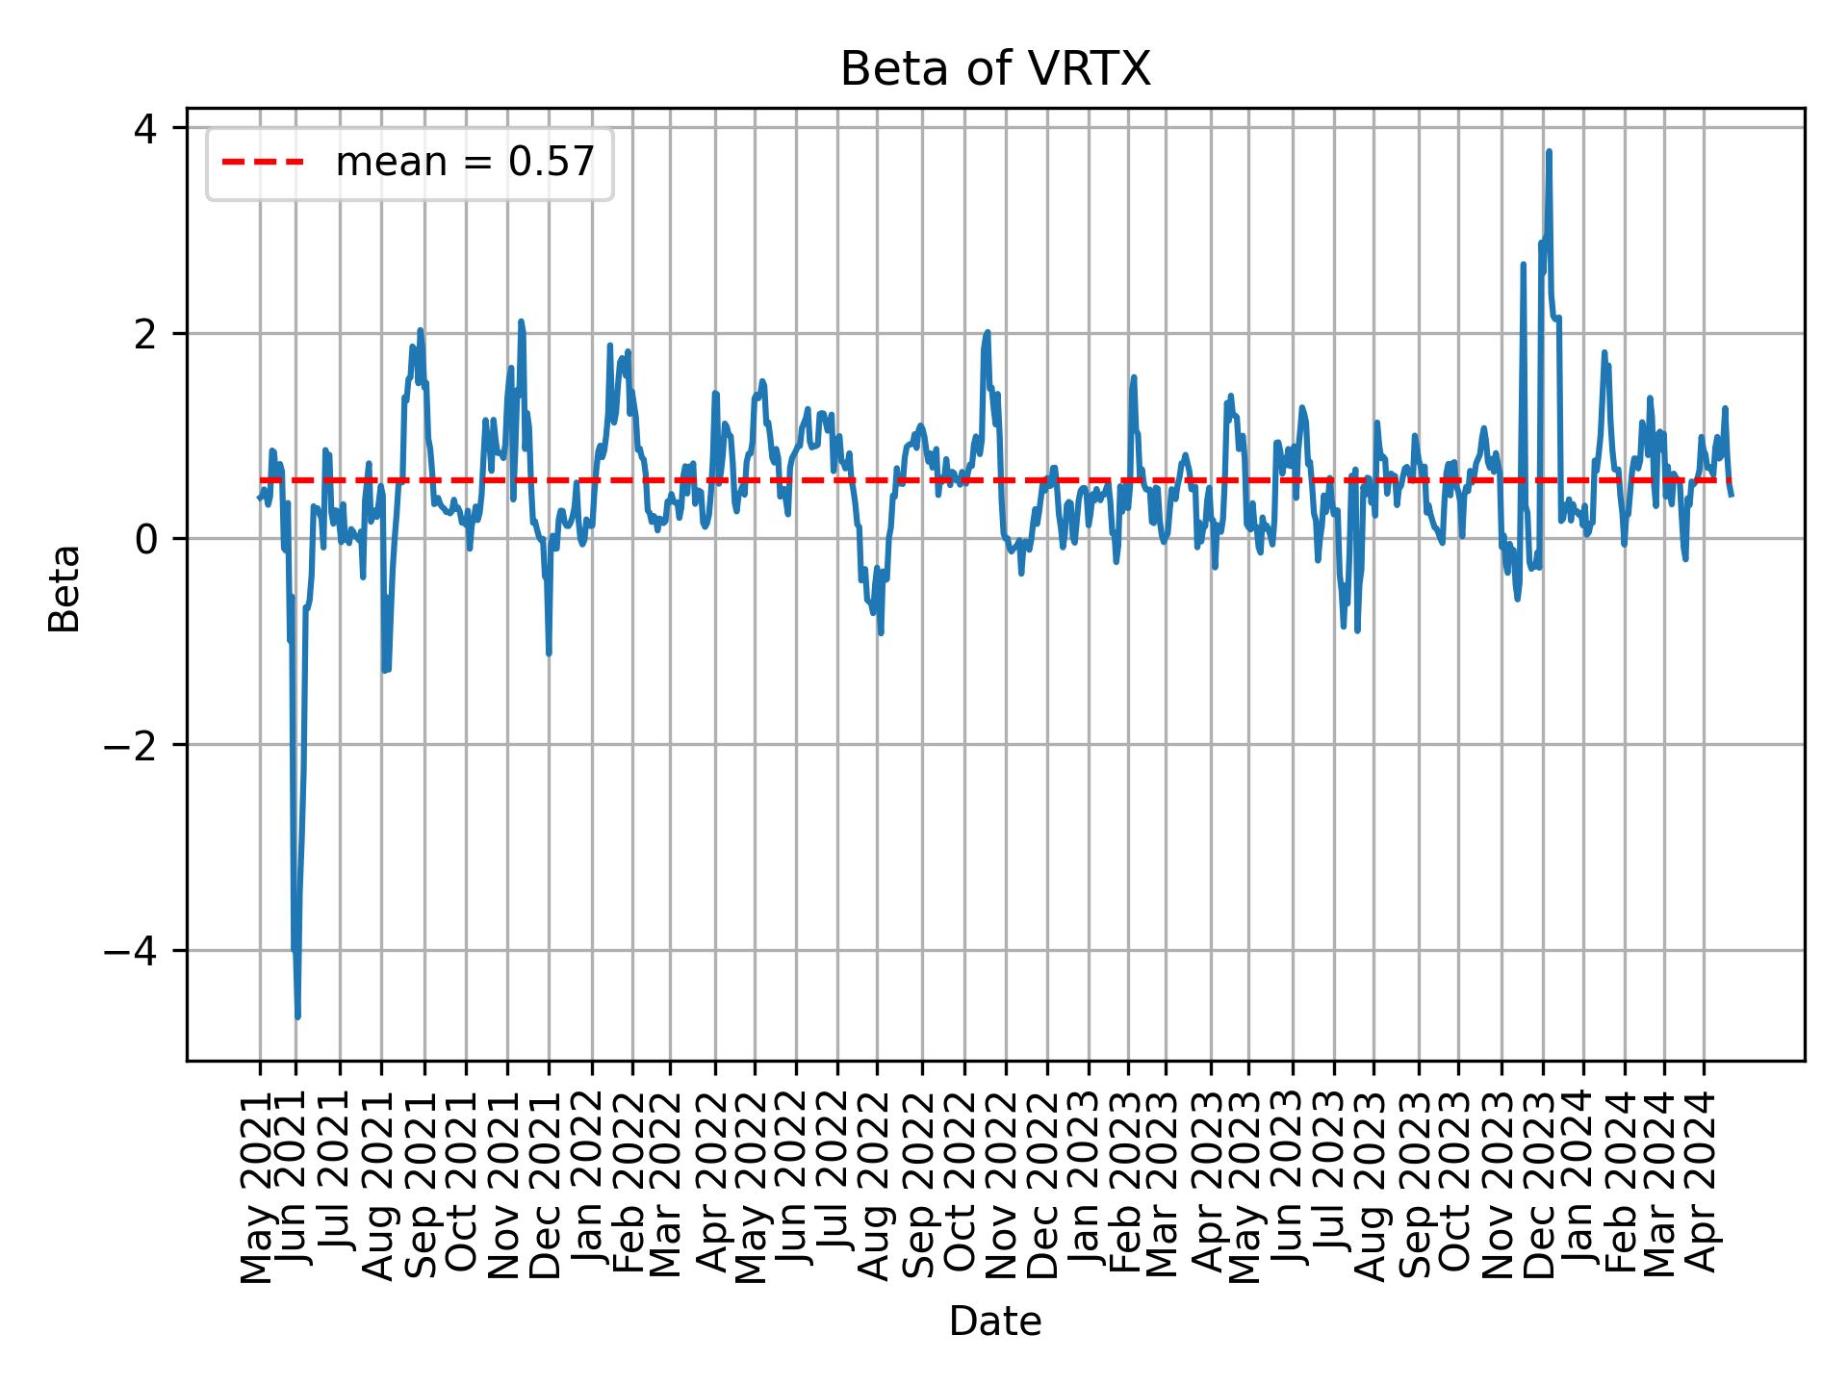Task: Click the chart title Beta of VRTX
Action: click(995, 69)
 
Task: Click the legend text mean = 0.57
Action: click(465, 163)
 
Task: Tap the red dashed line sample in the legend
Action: click(263, 163)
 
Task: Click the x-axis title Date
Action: click(995, 1322)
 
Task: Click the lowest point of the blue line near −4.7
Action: click(297, 1016)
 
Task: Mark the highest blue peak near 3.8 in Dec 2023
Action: click(1549, 151)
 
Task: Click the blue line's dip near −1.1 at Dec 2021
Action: click(549, 654)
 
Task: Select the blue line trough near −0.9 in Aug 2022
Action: click(881, 632)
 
